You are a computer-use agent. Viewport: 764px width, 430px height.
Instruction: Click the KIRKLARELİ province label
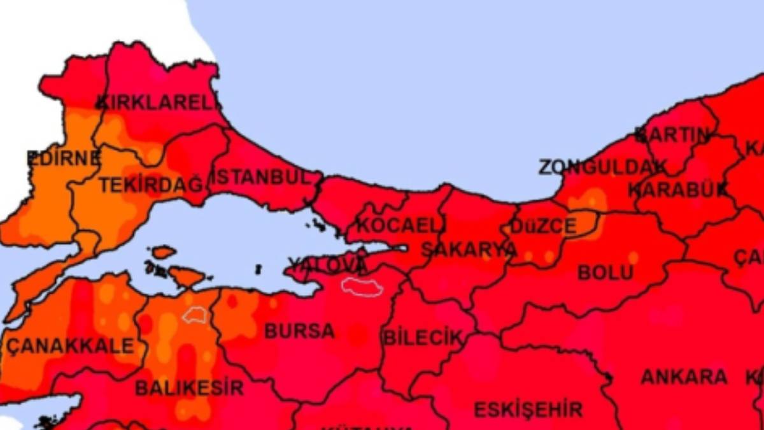[x=158, y=103]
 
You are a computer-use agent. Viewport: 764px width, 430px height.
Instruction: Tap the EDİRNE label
[x=64, y=158]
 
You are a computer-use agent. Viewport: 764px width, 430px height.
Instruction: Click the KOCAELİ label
[x=401, y=225]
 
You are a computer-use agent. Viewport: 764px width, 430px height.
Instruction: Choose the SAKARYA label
[x=469, y=250]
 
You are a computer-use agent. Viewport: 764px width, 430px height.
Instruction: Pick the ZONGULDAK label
[x=603, y=167]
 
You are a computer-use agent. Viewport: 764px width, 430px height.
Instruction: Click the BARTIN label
[x=672, y=135]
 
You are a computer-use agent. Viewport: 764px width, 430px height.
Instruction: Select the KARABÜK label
[x=678, y=190]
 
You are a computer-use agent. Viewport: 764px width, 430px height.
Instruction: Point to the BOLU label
[x=605, y=273]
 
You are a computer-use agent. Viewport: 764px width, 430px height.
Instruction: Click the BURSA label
[x=299, y=331]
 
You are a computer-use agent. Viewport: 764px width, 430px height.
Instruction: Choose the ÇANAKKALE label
[x=71, y=346]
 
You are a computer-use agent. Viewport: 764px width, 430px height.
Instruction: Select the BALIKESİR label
[x=189, y=387]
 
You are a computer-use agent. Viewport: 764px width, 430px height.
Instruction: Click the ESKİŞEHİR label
[x=528, y=409]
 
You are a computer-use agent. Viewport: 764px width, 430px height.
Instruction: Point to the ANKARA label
[x=684, y=376]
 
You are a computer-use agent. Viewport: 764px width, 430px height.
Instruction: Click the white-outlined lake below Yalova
[x=362, y=286]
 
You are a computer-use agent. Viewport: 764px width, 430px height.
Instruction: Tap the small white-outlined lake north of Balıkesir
[x=195, y=315]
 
